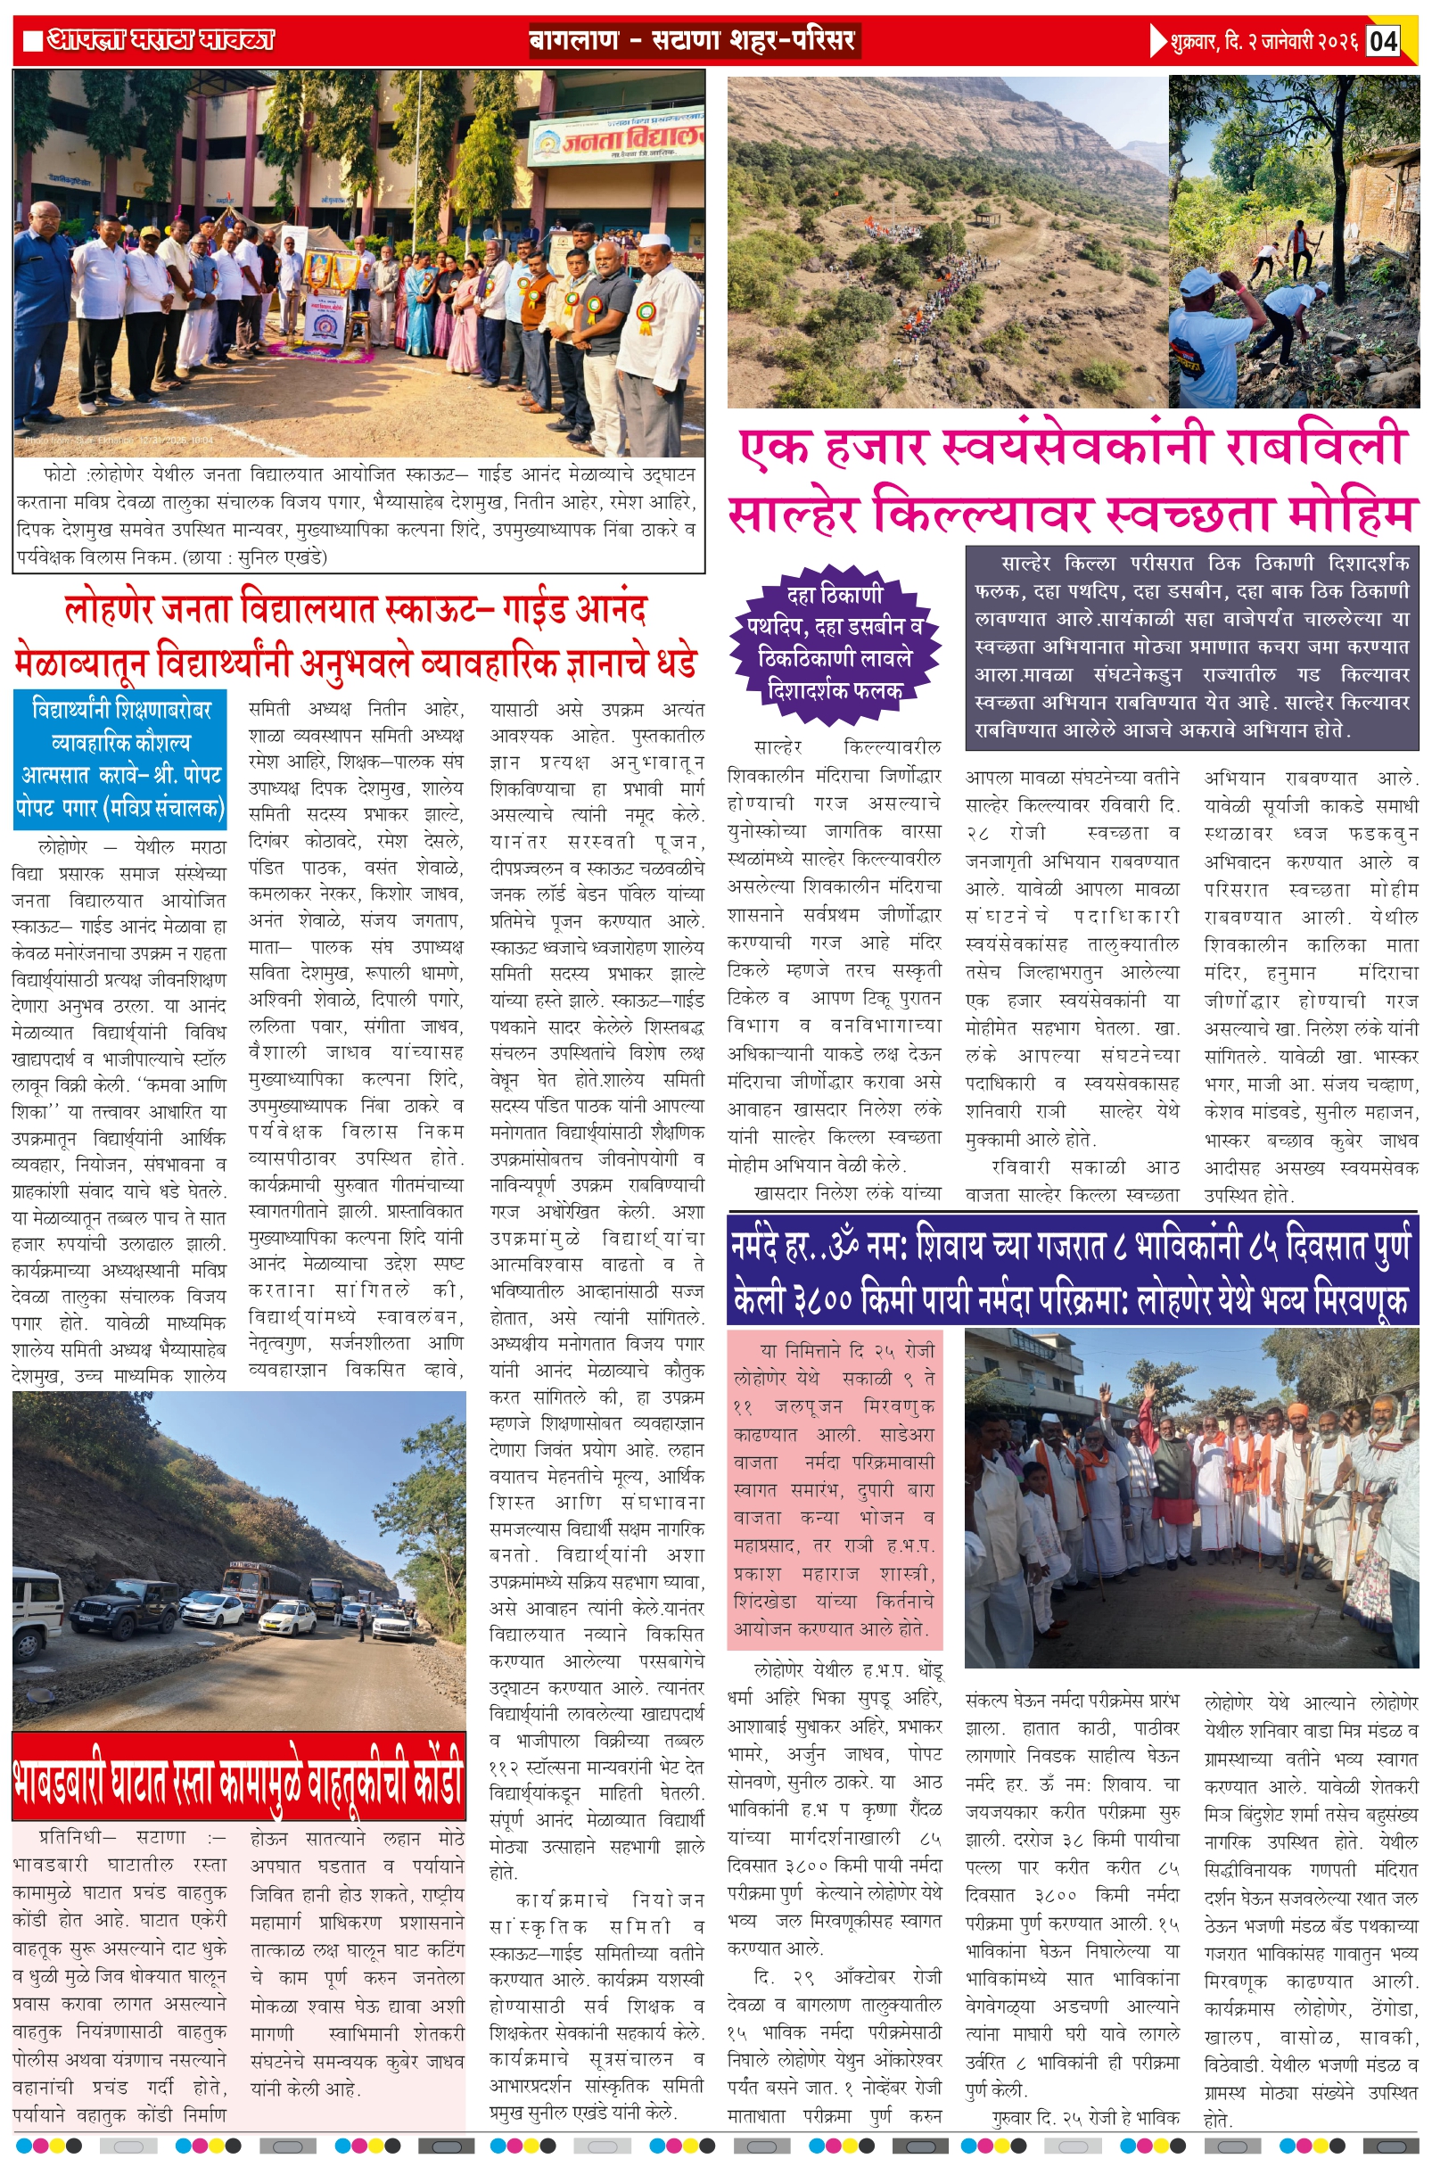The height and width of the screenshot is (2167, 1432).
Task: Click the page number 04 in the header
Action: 1383,41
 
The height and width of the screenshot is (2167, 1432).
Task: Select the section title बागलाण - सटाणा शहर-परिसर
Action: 693,41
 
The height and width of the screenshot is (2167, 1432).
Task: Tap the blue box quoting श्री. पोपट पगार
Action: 119,758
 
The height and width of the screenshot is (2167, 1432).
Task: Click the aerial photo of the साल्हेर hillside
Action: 947,242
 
